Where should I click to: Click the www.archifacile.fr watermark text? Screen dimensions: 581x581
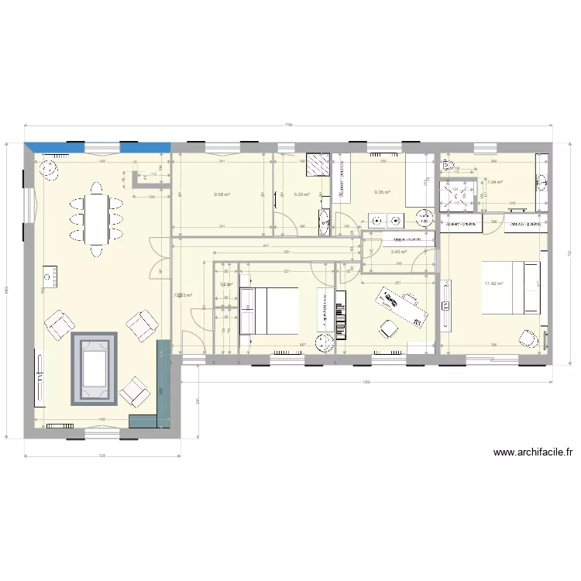(532, 453)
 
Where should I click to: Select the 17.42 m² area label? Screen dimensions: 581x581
(493, 284)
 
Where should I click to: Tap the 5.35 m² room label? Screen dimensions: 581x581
(302, 194)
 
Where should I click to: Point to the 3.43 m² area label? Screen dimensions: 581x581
(399, 252)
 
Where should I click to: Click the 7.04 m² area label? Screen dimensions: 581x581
(495, 183)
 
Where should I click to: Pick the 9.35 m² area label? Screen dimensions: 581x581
(382, 193)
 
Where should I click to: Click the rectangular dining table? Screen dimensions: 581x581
(96, 219)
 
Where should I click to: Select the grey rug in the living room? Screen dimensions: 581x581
(95, 369)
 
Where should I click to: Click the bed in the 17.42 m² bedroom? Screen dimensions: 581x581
(511, 287)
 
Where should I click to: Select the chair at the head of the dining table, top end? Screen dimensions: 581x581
(96, 188)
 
